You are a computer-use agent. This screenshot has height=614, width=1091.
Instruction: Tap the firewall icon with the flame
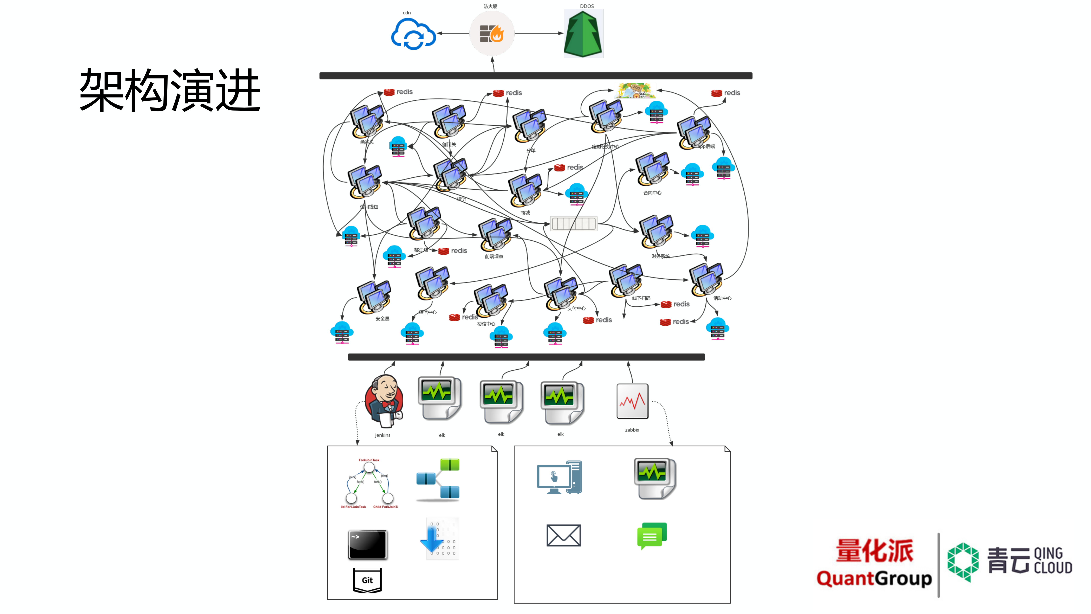click(x=492, y=33)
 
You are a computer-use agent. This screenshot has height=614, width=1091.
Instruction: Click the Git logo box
click(x=367, y=580)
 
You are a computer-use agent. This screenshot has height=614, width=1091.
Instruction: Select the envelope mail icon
click(x=563, y=535)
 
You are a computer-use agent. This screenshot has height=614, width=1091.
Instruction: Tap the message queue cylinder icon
click(x=574, y=223)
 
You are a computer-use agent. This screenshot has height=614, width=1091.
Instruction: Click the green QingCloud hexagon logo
click(x=963, y=562)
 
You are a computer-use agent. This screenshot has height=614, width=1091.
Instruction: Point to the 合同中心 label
click(x=652, y=193)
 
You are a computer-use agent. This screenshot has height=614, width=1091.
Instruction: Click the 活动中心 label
click(x=722, y=298)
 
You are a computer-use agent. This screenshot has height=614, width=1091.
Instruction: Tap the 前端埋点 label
click(x=494, y=256)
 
